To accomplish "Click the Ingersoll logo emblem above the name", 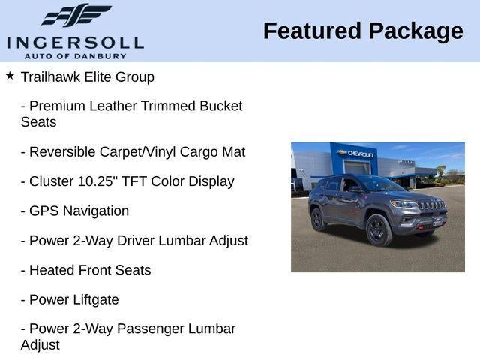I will tap(76, 15).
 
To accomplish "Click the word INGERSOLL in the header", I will tap(75, 41).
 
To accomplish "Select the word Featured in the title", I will tap(310, 31).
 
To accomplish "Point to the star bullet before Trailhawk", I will tap(10, 76).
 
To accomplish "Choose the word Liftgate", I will tap(94, 300).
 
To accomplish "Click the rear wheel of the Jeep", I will tap(318, 218).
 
